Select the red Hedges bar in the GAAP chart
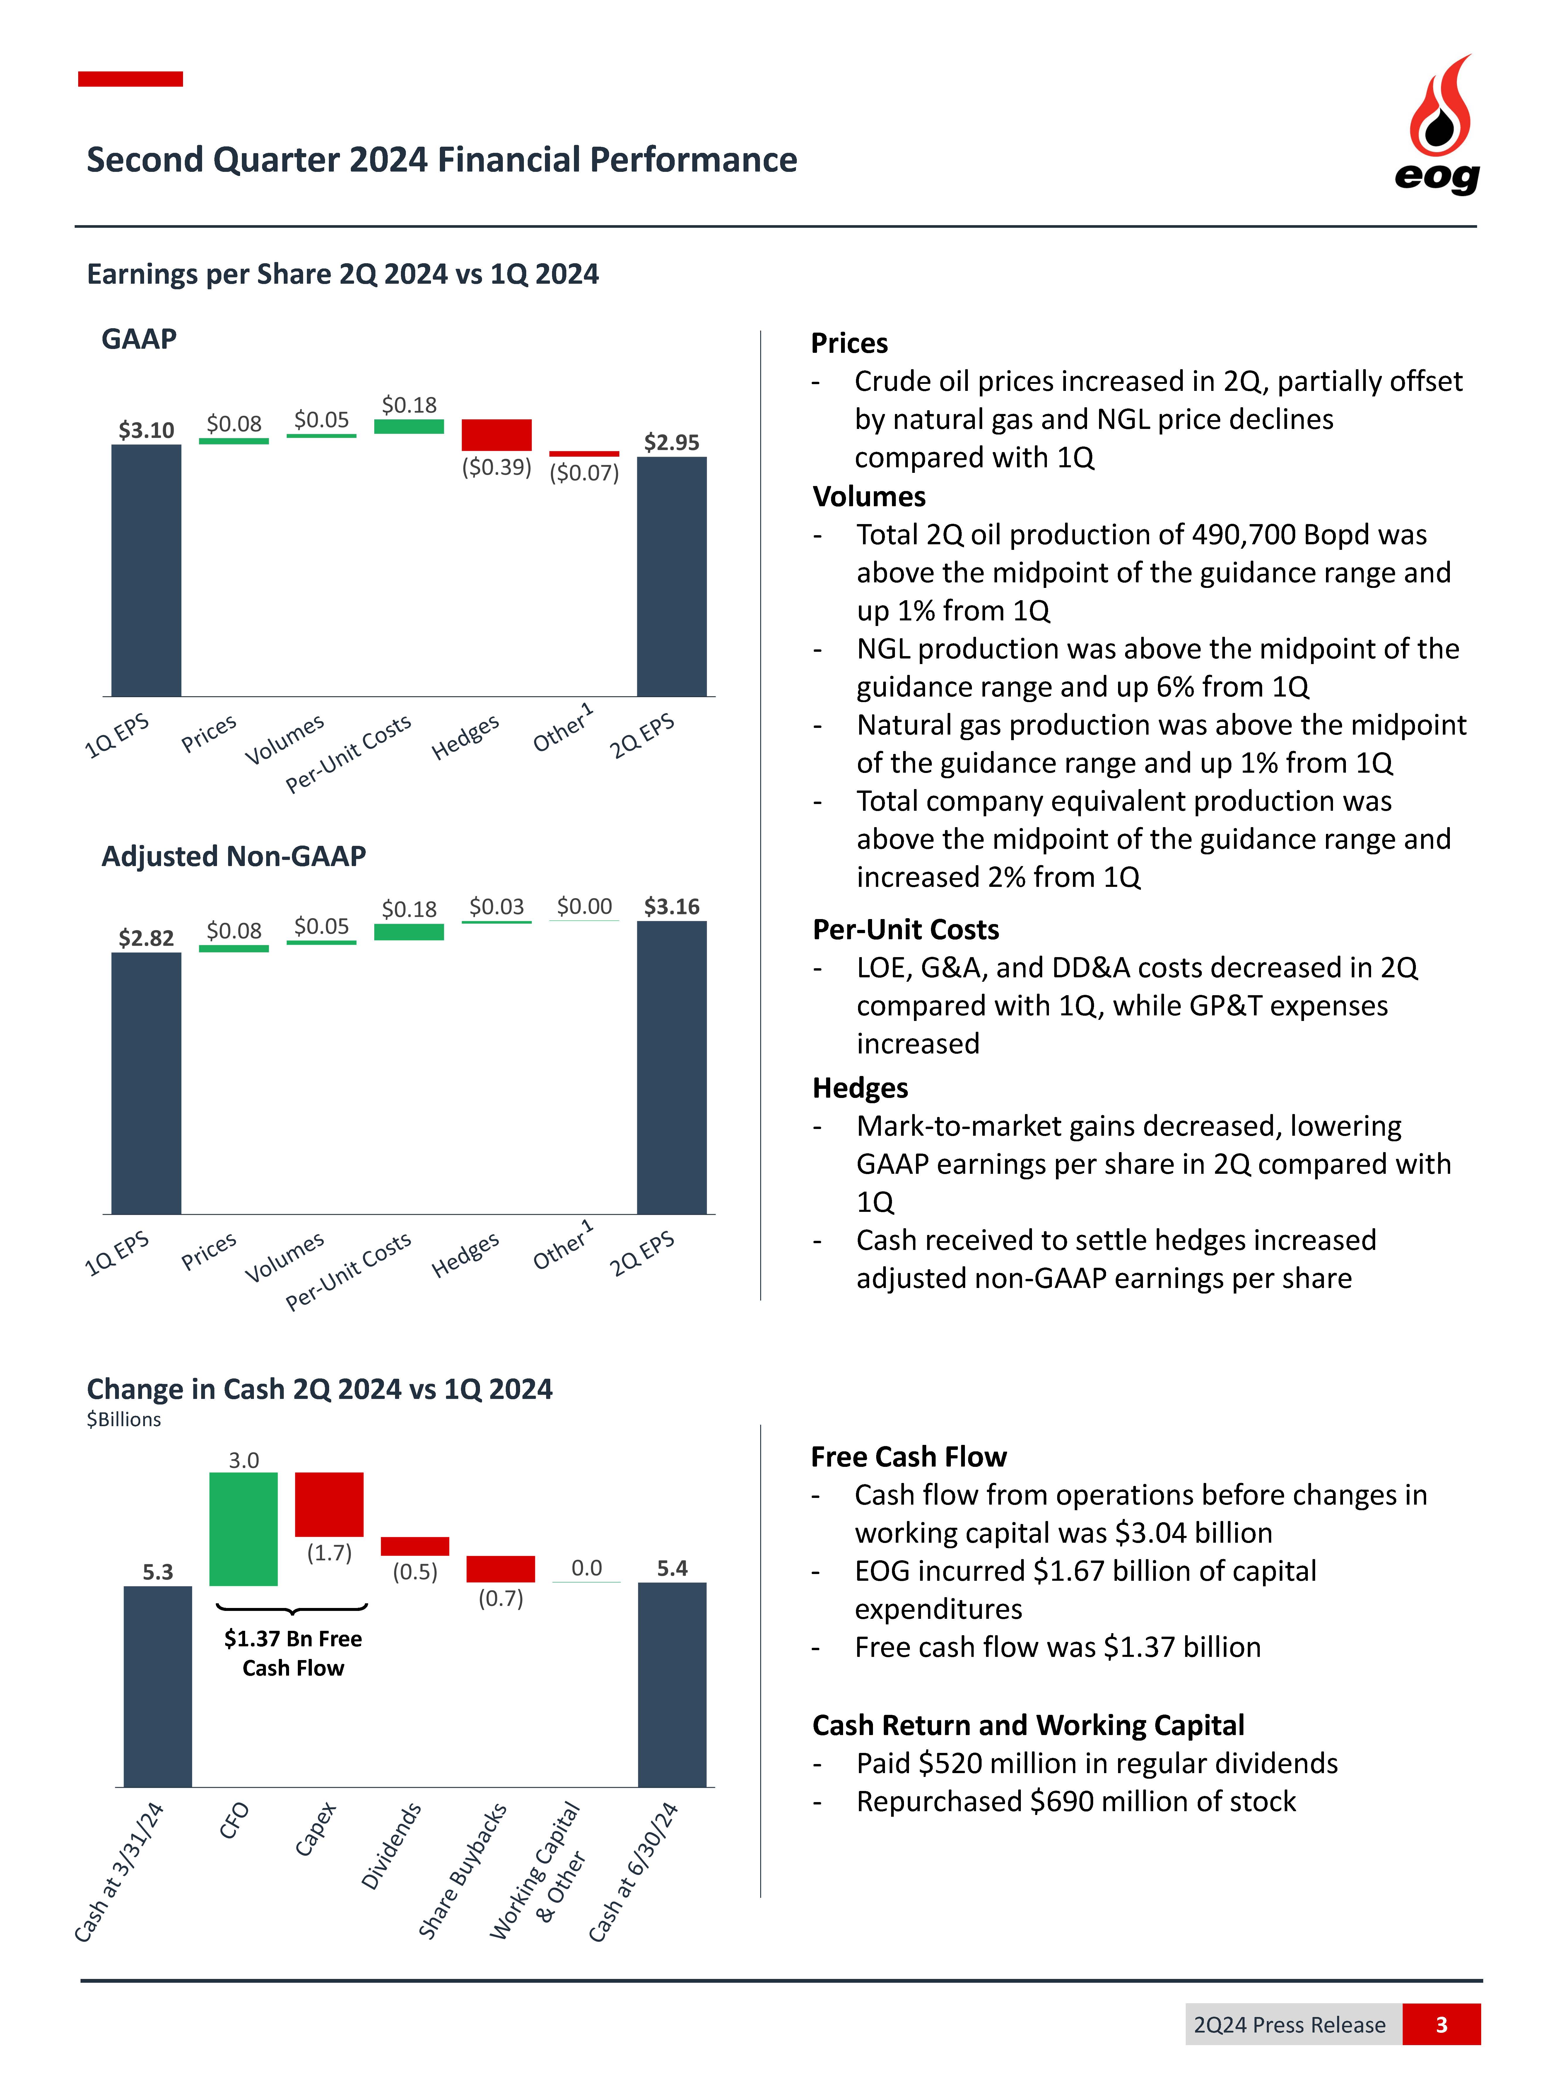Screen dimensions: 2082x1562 point(496,435)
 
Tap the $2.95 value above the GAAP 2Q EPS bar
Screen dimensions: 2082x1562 point(671,442)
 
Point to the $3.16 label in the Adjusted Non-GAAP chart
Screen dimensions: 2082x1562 point(671,906)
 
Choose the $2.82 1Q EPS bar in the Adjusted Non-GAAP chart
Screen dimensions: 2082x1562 point(146,1082)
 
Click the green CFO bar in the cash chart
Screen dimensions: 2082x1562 point(243,1529)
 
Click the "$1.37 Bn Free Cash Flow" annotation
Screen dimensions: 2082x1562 point(293,1653)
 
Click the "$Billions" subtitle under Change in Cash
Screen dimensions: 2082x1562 point(123,1419)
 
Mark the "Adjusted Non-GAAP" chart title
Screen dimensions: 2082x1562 point(233,856)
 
